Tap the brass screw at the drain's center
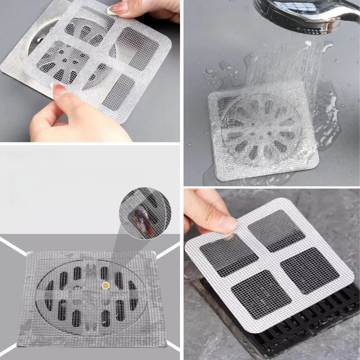coord(106,285)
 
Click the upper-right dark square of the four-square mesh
coord(276,230)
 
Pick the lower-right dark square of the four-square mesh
coord(309,270)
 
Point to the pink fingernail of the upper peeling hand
coord(114,8)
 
